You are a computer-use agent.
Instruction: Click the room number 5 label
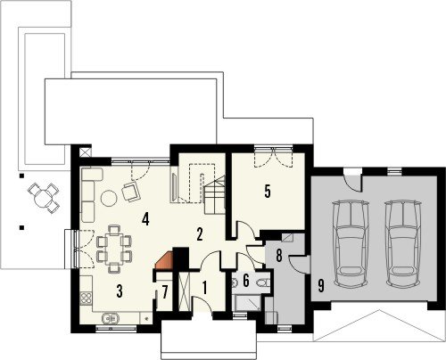268,192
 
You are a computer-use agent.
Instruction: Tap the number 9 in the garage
321,286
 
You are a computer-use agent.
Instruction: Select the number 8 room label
279,256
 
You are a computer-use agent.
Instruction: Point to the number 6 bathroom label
246,281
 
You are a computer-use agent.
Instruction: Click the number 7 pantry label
165,292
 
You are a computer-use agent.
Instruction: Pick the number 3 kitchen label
120,291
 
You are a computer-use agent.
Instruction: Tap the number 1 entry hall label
204,288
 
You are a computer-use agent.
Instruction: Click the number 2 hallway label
200,234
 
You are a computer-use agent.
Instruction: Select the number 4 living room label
145,219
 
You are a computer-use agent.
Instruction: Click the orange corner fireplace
164,261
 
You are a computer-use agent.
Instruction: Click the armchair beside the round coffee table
130,192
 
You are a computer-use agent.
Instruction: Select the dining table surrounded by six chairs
114,249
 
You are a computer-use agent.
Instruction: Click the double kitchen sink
110,318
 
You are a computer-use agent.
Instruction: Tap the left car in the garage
351,243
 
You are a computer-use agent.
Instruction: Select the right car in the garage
403,243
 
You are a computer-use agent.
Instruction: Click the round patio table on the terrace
43,198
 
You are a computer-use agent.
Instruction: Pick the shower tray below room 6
247,303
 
